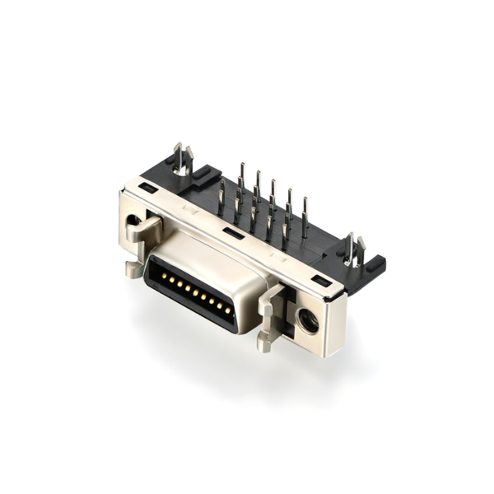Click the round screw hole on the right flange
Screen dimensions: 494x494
pyautogui.click(x=309, y=319)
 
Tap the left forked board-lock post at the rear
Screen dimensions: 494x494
pyautogui.click(x=182, y=160)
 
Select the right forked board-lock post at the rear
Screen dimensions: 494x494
pyautogui.click(x=354, y=249)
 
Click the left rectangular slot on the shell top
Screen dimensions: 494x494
pyautogui.click(x=148, y=189)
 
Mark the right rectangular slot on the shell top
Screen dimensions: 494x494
pyautogui.click(x=322, y=282)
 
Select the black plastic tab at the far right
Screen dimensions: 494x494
pyautogui.click(x=375, y=266)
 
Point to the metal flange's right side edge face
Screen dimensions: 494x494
pyautogui.click(x=337, y=325)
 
